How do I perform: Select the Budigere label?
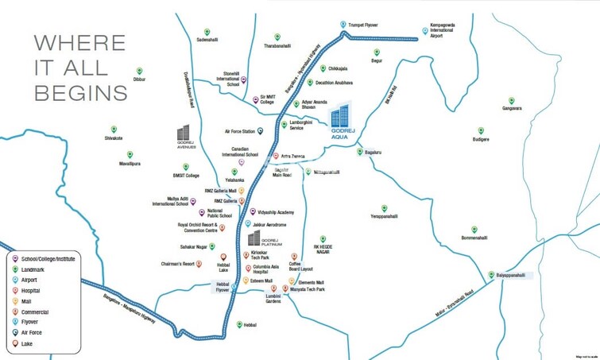(481, 139)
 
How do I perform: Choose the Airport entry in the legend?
(35, 281)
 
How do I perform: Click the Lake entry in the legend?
(31, 344)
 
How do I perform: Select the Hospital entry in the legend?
(37, 291)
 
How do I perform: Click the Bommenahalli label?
(478, 238)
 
